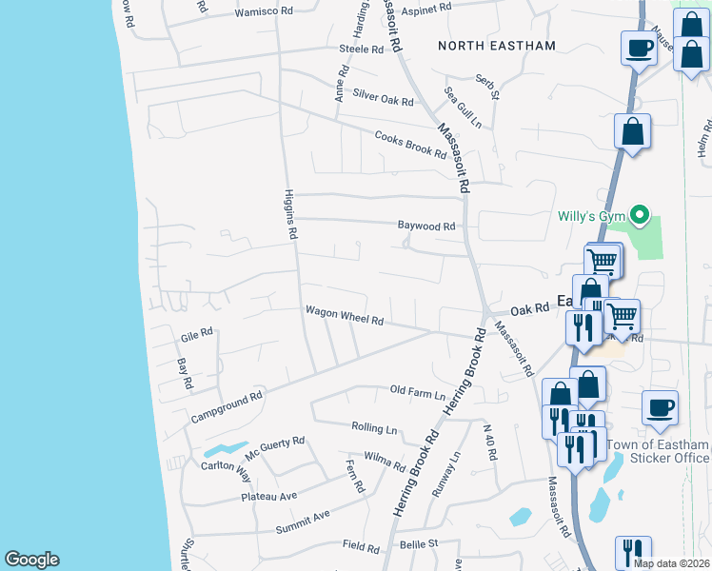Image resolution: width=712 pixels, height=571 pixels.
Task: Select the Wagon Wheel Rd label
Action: pos(344,316)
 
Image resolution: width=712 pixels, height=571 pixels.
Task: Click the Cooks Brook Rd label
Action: pos(410,144)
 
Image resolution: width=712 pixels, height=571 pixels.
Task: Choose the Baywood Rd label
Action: pos(426,226)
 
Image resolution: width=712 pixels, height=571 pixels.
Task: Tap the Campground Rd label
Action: pos(226,407)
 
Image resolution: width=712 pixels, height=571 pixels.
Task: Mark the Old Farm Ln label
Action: pos(418,391)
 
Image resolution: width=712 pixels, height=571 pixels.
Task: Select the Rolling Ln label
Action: pos(373,427)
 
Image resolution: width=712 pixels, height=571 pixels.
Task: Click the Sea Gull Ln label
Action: pos(464,107)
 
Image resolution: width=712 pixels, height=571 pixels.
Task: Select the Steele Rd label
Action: pos(360,49)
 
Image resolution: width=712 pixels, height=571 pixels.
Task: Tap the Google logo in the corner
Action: pos(31,560)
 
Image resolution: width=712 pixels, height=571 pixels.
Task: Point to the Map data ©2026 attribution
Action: pos(670,563)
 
